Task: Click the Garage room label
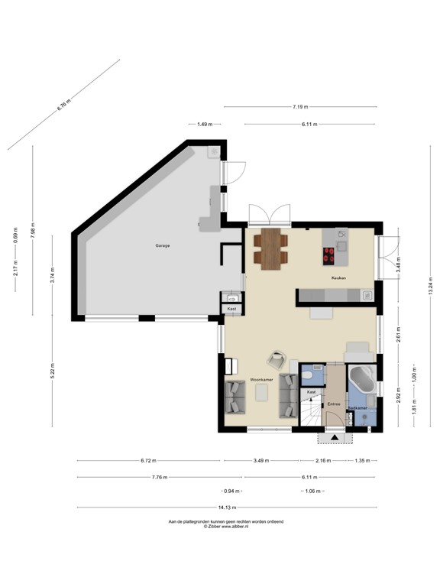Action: tap(162, 245)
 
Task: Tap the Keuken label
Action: tap(338, 278)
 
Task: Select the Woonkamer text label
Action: tap(260, 378)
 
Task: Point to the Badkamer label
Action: tap(357, 408)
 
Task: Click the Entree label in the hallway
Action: tap(333, 405)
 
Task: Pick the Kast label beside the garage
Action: tap(231, 309)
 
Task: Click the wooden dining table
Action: tap(270, 248)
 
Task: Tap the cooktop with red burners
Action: tap(330, 255)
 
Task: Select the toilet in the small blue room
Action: tap(306, 376)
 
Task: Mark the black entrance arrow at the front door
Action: tap(333, 438)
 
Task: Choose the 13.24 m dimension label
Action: tap(429, 285)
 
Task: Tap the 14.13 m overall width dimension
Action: tap(227, 508)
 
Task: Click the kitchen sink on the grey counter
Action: tap(367, 293)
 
